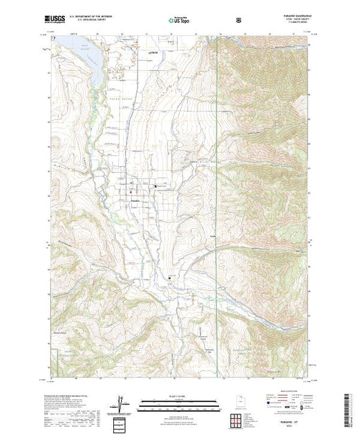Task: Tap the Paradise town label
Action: [135, 200]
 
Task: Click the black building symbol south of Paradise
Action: [170, 278]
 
